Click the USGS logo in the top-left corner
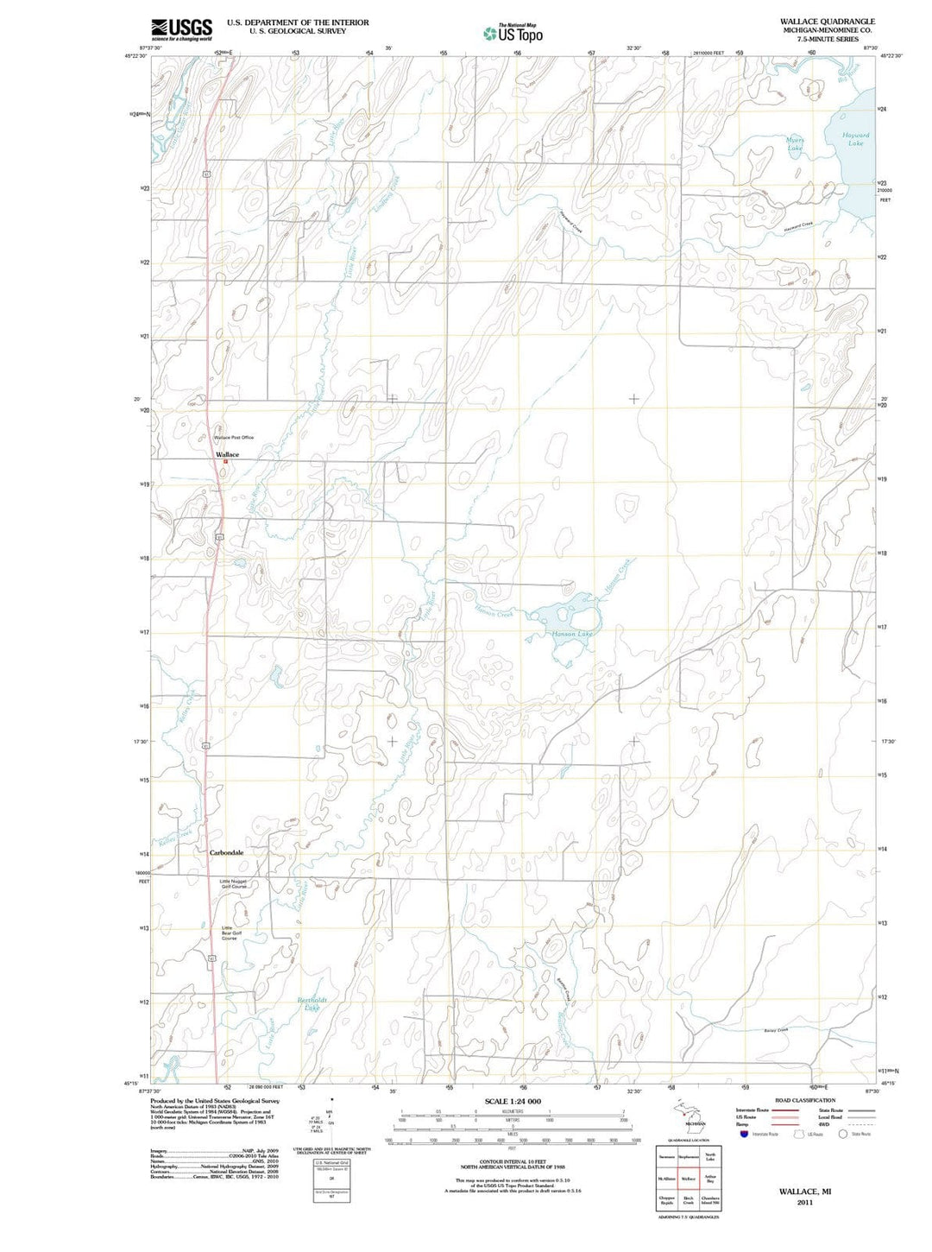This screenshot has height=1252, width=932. click(180, 30)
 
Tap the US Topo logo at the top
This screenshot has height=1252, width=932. click(513, 33)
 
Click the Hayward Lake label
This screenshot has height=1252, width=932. click(855, 139)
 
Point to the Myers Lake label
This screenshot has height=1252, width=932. click(794, 144)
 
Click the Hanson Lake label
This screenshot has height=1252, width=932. click(572, 634)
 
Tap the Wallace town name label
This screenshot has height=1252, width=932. click(227, 454)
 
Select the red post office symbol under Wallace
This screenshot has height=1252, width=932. click(225, 461)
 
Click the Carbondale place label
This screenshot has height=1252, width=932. click(226, 852)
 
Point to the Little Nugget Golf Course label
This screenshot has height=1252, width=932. click(234, 884)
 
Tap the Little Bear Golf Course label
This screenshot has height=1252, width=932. click(229, 933)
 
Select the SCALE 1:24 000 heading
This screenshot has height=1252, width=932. click(513, 1102)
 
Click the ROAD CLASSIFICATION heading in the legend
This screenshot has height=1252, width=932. click(805, 1100)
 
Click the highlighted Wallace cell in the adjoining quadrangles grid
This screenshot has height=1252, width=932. click(688, 1179)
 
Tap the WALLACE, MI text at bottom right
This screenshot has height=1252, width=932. click(804, 1191)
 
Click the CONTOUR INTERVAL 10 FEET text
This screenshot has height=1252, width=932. click(513, 1164)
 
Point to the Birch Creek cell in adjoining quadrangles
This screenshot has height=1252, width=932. click(688, 1201)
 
